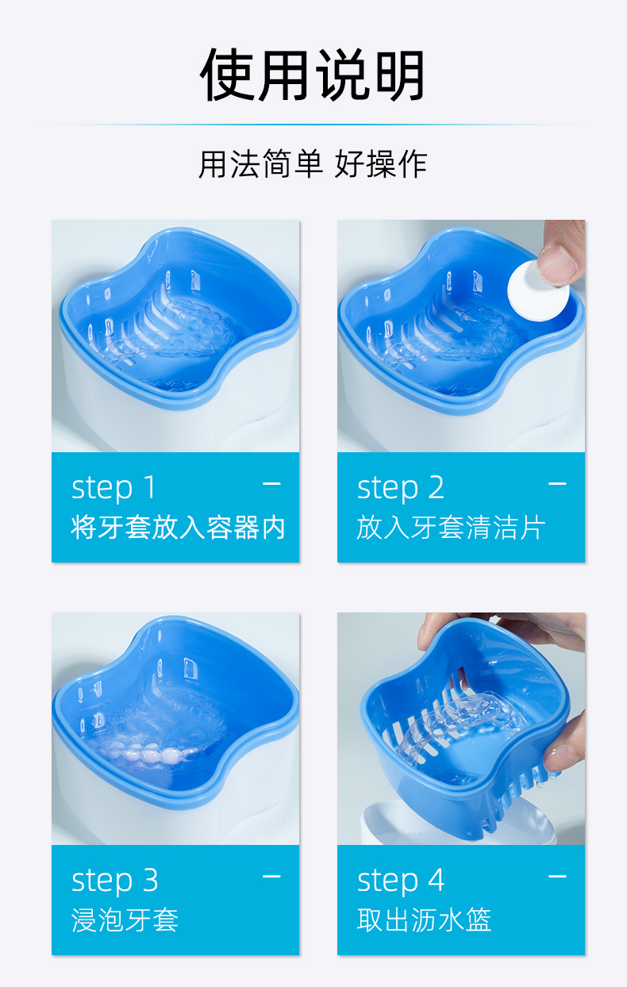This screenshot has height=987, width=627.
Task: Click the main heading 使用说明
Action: tap(313, 75)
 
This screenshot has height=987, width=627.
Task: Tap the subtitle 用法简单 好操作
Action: tap(313, 164)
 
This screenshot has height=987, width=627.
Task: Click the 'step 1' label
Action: tap(113, 488)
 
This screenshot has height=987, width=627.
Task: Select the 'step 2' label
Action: tap(401, 488)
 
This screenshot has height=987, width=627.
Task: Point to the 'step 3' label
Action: tap(114, 881)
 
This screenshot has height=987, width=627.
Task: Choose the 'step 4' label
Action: tap(401, 881)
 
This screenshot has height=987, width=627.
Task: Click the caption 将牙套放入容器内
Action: tap(178, 528)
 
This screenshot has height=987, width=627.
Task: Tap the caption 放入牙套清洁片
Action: tap(451, 528)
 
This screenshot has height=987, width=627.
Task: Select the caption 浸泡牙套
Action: tap(125, 920)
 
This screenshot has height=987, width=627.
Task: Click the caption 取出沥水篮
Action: tap(424, 920)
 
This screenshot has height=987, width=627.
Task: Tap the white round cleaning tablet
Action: tap(537, 290)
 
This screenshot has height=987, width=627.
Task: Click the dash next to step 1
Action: tap(271, 484)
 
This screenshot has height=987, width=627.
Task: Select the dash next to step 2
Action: tap(557, 484)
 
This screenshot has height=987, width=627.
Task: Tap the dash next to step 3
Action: tap(271, 877)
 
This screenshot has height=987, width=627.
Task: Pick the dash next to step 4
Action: tap(557, 877)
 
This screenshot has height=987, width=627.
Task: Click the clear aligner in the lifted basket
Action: tap(458, 723)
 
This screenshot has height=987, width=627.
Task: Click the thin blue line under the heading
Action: tap(313, 125)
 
